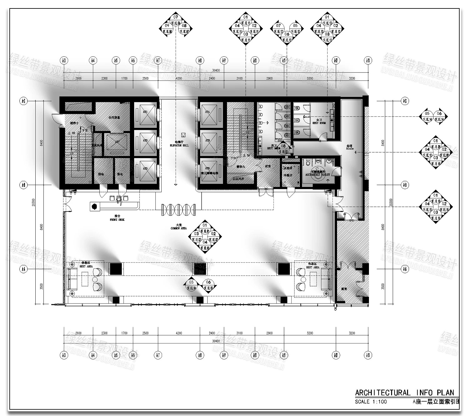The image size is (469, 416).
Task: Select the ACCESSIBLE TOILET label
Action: coord(318,175)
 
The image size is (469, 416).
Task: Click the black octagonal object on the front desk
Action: coord(94,206)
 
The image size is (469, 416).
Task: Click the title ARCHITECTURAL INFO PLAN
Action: coord(405,393)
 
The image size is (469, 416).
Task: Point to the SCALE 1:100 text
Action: coord(371,402)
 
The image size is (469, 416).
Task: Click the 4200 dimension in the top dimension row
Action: coord(179,79)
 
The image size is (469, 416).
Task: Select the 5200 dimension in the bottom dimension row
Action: coord(310,333)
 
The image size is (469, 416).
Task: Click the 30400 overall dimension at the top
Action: coord(216,70)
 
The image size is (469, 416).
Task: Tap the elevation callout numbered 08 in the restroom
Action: coord(283,148)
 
